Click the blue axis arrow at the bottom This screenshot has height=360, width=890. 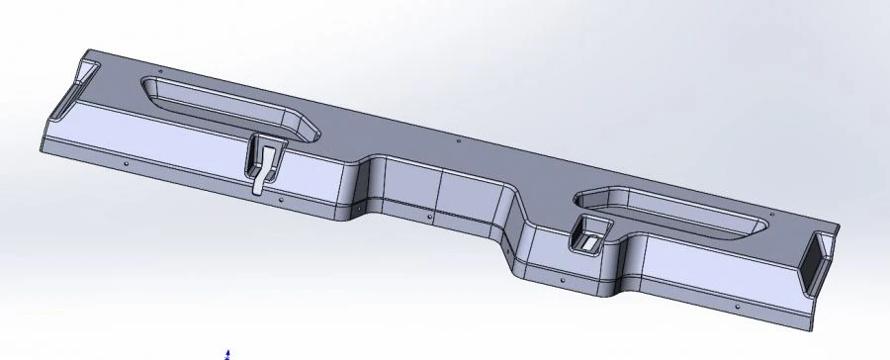click(x=228, y=352)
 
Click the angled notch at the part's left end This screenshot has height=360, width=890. click(x=73, y=89)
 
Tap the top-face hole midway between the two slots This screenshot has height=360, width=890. click(x=458, y=141)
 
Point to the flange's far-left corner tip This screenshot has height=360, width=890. click(x=39, y=153)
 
